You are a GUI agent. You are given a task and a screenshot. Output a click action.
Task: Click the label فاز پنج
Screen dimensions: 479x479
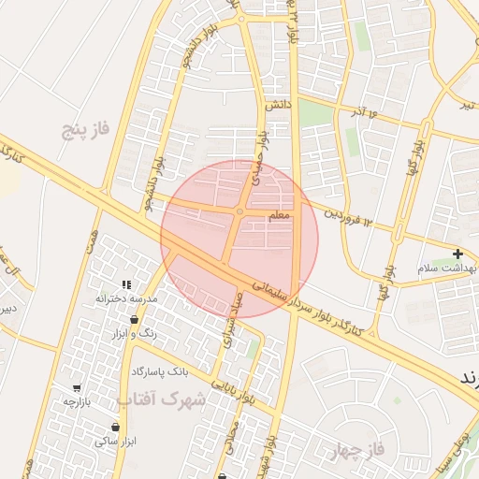(86, 127)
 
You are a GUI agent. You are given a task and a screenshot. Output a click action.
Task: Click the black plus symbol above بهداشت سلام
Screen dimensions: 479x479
(457, 254)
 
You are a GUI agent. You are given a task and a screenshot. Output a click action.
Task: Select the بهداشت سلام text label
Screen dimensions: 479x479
(449, 269)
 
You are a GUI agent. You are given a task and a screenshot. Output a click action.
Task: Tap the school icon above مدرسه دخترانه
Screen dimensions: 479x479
(125, 284)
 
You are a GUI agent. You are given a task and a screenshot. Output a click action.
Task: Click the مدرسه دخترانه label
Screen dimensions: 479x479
(125, 298)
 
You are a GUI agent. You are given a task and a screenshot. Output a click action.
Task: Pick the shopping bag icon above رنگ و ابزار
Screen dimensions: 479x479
(136, 320)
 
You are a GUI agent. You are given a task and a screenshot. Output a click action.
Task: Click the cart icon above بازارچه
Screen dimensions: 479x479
(76, 387)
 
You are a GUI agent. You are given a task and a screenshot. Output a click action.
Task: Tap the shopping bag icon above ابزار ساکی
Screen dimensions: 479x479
(115, 428)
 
